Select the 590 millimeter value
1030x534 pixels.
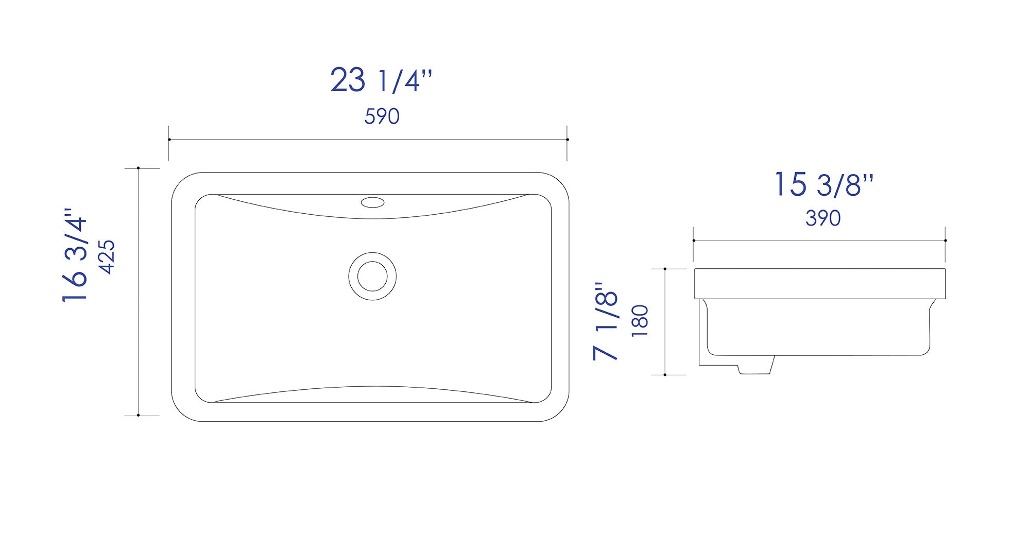tap(382, 117)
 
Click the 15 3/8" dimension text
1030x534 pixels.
tap(824, 184)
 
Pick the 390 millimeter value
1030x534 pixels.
tap(823, 218)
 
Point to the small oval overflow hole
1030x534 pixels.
tap(372, 202)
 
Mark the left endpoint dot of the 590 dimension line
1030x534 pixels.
tap(169, 140)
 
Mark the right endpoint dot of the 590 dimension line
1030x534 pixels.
tap(567, 140)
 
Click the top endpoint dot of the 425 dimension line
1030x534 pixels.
tap(139, 168)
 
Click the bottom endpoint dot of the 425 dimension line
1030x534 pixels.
tap(139, 415)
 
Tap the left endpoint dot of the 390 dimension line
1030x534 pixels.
tap(694, 240)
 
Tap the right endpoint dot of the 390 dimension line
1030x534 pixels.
tap(946, 240)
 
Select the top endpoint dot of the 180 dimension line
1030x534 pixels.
tap(665, 269)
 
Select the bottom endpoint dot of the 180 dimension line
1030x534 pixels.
tap(665, 375)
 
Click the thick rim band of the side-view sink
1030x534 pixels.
tap(820, 284)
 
